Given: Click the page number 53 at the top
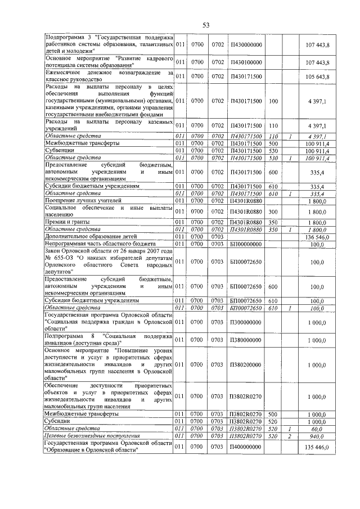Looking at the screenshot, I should pyautogui.click(x=206, y=24).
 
